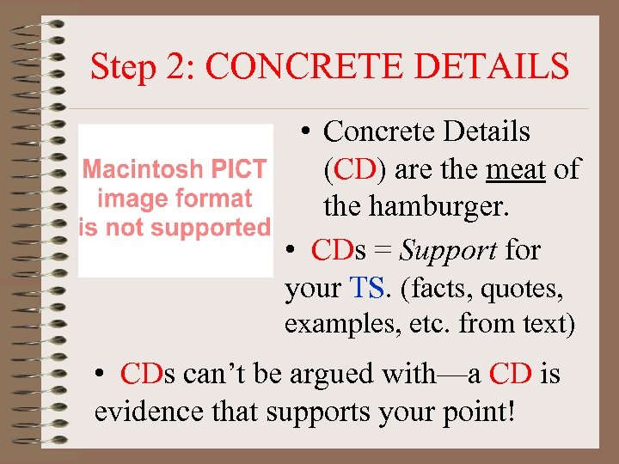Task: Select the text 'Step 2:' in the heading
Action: (143, 65)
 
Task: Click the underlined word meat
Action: (515, 169)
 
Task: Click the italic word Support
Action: (448, 250)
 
